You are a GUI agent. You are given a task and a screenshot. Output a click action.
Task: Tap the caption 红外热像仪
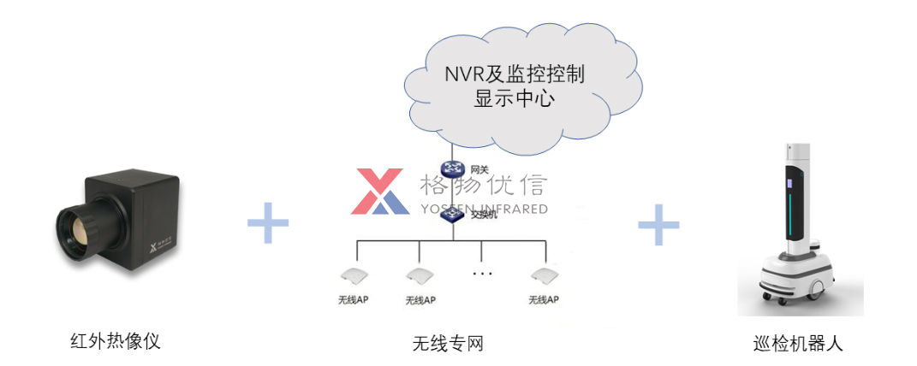[x=115, y=341]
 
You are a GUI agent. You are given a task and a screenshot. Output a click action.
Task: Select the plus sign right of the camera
[x=268, y=223]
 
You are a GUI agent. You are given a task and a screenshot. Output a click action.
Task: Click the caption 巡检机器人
[x=798, y=344]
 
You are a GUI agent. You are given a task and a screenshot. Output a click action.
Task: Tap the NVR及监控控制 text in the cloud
[x=514, y=74]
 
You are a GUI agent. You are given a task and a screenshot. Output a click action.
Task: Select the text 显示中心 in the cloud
[x=514, y=98]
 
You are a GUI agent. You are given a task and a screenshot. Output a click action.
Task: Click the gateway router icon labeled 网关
[x=451, y=168]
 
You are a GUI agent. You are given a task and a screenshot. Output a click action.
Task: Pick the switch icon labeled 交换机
[x=451, y=215]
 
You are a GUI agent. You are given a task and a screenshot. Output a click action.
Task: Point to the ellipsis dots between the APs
[x=482, y=274]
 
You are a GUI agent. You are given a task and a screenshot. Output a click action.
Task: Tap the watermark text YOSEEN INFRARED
[x=484, y=209]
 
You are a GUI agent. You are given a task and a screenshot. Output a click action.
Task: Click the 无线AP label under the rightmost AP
[x=543, y=300]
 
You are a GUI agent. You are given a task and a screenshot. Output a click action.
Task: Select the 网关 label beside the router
[x=480, y=169]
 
